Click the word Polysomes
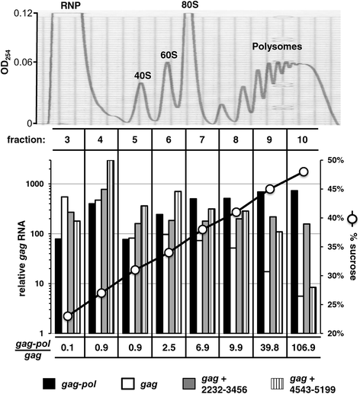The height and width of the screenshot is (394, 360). click(277, 46)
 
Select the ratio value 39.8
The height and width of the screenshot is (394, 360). click(270, 347)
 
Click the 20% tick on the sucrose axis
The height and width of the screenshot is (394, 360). click(336, 333)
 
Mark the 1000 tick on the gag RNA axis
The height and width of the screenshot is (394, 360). click(34, 184)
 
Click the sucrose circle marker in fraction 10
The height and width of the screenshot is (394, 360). click(304, 171)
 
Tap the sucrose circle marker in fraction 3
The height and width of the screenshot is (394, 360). click(68, 316)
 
